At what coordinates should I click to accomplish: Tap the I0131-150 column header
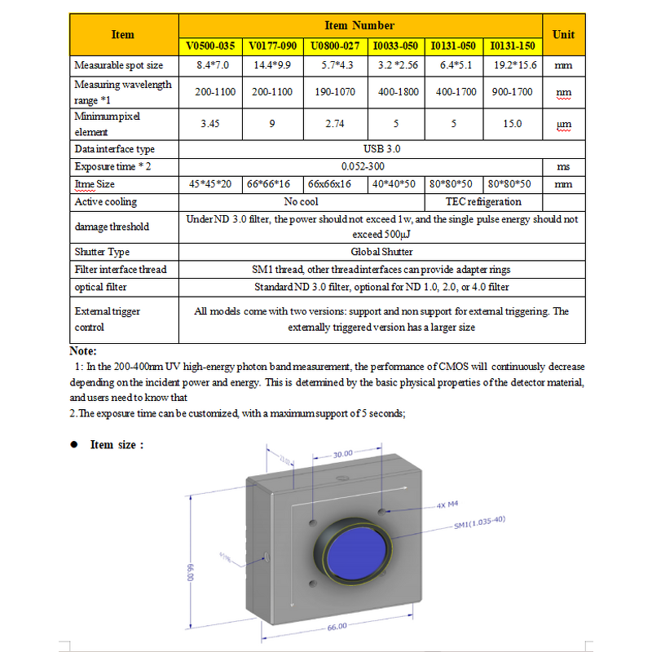point(512,46)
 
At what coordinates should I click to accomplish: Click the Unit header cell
point(563,35)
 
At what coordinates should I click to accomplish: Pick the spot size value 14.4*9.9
point(272,64)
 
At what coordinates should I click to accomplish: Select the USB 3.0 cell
point(381,149)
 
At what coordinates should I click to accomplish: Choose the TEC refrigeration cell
point(483,201)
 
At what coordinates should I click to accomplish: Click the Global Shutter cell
point(381,252)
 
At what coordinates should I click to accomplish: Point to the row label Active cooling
point(106,201)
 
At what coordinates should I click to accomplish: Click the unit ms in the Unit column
point(563,166)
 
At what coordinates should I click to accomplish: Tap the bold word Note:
point(82,351)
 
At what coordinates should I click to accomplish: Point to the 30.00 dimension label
point(343,453)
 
